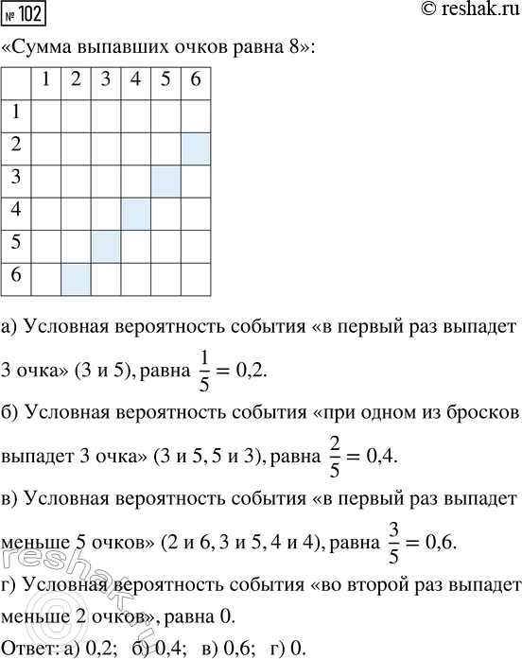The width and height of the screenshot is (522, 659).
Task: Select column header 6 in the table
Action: (x=195, y=81)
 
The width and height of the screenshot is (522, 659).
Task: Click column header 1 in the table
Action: (x=43, y=81)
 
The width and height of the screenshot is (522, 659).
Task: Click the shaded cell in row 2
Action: (x=195, y=147)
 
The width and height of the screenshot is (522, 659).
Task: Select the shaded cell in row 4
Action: (x=134, y=214)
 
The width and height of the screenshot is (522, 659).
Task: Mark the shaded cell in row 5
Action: (x=104, y=247)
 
